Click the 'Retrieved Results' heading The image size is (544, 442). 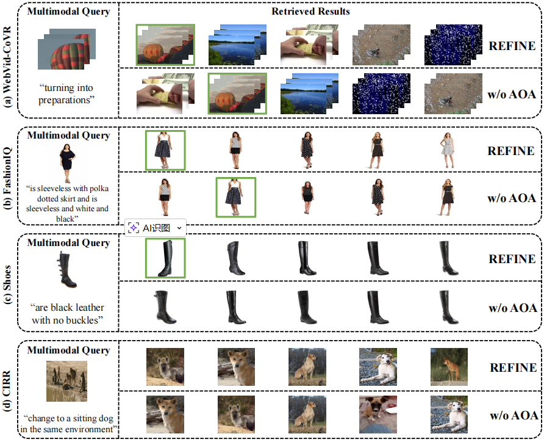coord(310,12)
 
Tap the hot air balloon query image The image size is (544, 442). coord(66,49)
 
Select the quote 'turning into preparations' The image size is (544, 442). coord(66,94)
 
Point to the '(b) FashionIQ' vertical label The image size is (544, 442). coord(7,178)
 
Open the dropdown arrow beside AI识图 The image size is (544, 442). coord(179,228)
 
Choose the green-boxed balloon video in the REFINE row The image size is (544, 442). coord(165,45)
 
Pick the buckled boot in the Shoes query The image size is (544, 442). coord(67,270)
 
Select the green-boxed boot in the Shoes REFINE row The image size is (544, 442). coord(165,258)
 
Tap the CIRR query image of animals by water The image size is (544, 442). coord(66,381)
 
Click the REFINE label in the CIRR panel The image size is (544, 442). coord(513,368)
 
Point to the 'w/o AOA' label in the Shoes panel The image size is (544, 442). coord(513,308)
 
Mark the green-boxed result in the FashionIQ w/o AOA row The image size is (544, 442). coord(236,197)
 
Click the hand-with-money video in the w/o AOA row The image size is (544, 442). coord(165,94)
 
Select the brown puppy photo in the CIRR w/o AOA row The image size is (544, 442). coord(378,415)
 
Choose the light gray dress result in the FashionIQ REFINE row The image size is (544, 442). coord(448,150)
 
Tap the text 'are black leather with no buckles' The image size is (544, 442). coord(67,314)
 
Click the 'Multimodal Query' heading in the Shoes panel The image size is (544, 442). coord(69,243)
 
